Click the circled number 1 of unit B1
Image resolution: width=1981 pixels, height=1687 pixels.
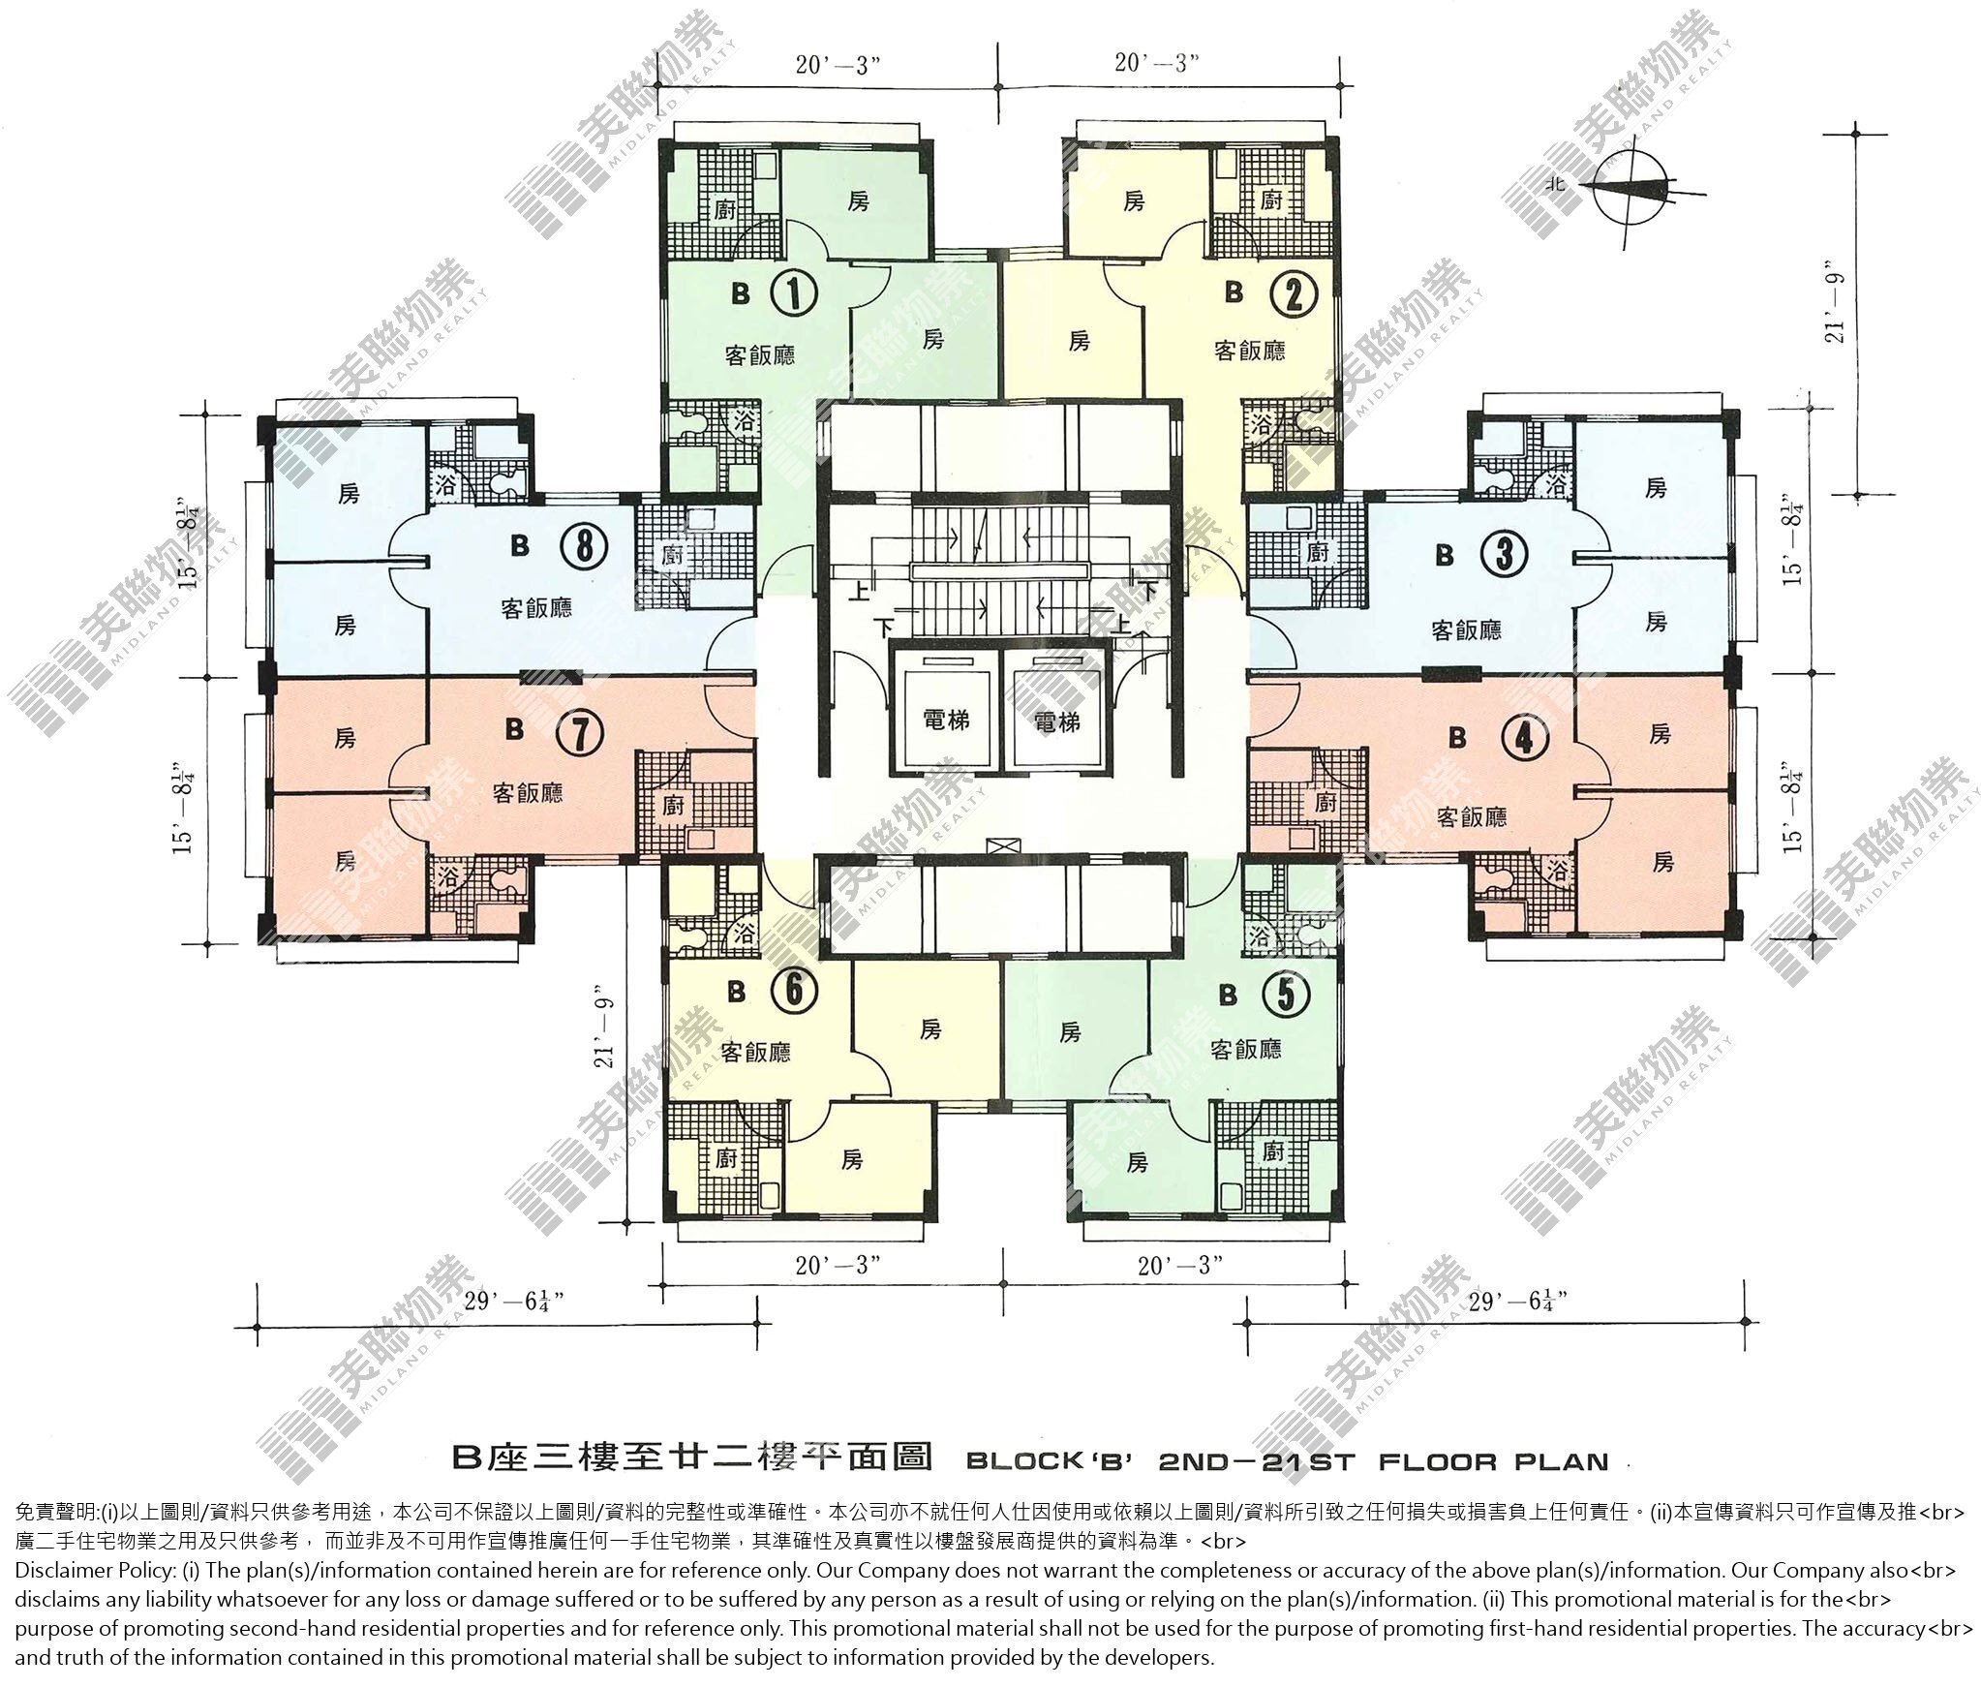point(792,292)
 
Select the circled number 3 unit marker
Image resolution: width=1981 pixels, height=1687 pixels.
point(1504,555)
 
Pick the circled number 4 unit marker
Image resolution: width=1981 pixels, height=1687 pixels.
point(1523,740)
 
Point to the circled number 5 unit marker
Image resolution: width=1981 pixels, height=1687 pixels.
point(1287,994)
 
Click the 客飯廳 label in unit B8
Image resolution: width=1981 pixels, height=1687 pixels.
point(536,608)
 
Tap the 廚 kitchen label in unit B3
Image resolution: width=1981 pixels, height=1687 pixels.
point(1317,553)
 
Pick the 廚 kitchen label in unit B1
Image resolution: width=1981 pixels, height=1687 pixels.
point(723,210)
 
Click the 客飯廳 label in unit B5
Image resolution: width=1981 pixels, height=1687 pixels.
point(1246,1049)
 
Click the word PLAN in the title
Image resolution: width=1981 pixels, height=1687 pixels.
point(1560,1461)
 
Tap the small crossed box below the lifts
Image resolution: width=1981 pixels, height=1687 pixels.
point(997,844)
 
